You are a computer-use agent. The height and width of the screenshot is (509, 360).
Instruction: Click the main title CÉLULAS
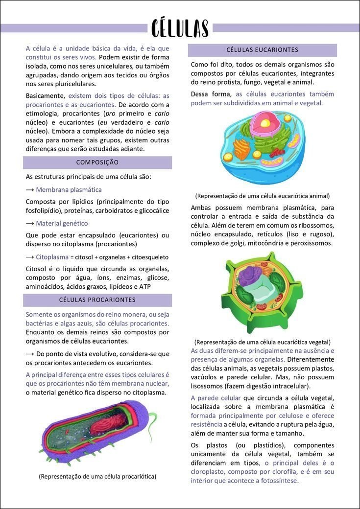(x=180, y=28)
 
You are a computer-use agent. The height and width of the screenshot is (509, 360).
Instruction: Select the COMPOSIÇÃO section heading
(x=97, y=162)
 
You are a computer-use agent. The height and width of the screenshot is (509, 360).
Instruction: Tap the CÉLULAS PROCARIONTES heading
(x=97, y=300)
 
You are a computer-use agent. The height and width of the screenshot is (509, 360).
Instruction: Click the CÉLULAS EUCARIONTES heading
(x=262, y=50)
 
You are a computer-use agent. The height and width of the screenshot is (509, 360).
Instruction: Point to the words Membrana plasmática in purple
(x=69, y=189)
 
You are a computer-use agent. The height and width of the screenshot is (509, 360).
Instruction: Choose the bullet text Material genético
(x=62, y=223)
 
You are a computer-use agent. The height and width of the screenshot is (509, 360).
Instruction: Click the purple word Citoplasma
(x=51, y=257)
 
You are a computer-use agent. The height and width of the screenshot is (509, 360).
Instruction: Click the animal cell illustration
(x=263, y=147)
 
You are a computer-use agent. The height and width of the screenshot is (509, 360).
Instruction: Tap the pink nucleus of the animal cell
(x=267, y=121)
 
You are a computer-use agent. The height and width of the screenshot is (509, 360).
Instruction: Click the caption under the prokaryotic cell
(x=97, y=476)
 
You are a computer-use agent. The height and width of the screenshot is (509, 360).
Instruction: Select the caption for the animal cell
(x=262, y=196)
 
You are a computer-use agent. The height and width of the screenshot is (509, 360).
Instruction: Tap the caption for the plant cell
(x=262, y=342)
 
